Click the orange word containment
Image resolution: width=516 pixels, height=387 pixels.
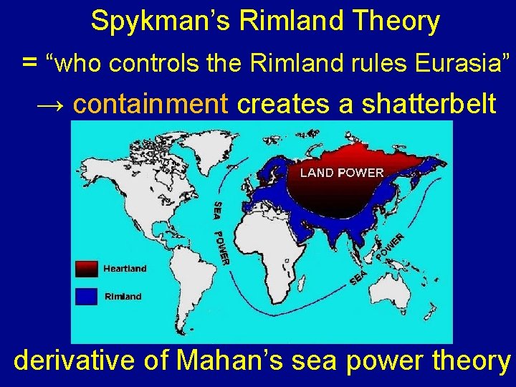[150, 104]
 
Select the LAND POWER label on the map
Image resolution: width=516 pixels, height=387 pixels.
[342, 173]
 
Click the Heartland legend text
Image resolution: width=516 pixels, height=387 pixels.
[125, 269]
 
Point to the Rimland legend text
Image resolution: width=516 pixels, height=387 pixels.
[123, 296]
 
